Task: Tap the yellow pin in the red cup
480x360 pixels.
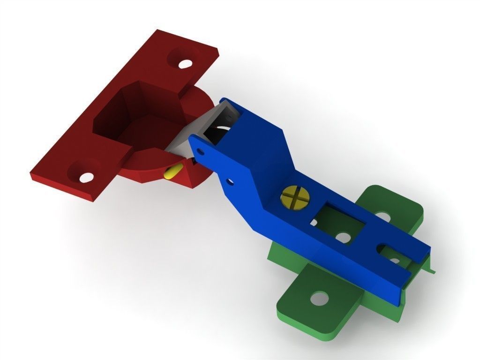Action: (x=171, y=172)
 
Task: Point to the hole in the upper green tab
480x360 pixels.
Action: (x=383, y=217)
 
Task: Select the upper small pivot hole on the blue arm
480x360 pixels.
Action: (x=201, y=151)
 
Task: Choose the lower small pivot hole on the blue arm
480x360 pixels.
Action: (x=229, y=181)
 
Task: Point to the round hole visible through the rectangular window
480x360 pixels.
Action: (x=344, y=238)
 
